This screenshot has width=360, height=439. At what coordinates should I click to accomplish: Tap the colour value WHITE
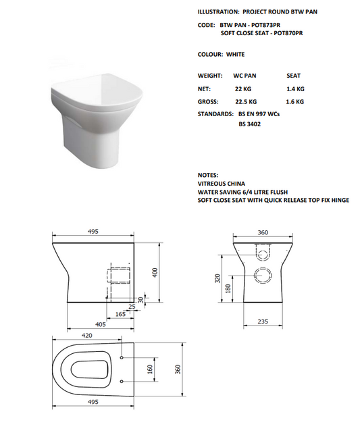[x=236, y=54]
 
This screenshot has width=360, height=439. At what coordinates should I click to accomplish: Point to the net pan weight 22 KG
[x=242, y=88]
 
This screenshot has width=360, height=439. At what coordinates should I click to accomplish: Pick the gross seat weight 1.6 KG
[x=295, y=101]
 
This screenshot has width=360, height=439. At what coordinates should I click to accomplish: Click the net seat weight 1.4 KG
[x=295, y=88]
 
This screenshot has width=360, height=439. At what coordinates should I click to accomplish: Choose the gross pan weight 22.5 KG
[x=245, y=101]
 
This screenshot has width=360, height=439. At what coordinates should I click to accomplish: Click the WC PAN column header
[x=246, y=76]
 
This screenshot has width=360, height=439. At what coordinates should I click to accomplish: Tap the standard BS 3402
[x=250, y=124]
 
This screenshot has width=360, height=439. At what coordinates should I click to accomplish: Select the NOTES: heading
[x=208, y=175]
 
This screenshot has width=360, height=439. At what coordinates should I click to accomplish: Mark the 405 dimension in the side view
[x=99, y=324]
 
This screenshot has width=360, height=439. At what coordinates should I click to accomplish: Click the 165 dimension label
[x=119, y=315]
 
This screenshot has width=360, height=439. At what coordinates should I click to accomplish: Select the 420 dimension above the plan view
[x=87, y=334]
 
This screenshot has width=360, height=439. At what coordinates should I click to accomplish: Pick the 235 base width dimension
[x=264, y=321]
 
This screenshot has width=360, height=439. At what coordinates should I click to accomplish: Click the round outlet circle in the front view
[x=262, y=275]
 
